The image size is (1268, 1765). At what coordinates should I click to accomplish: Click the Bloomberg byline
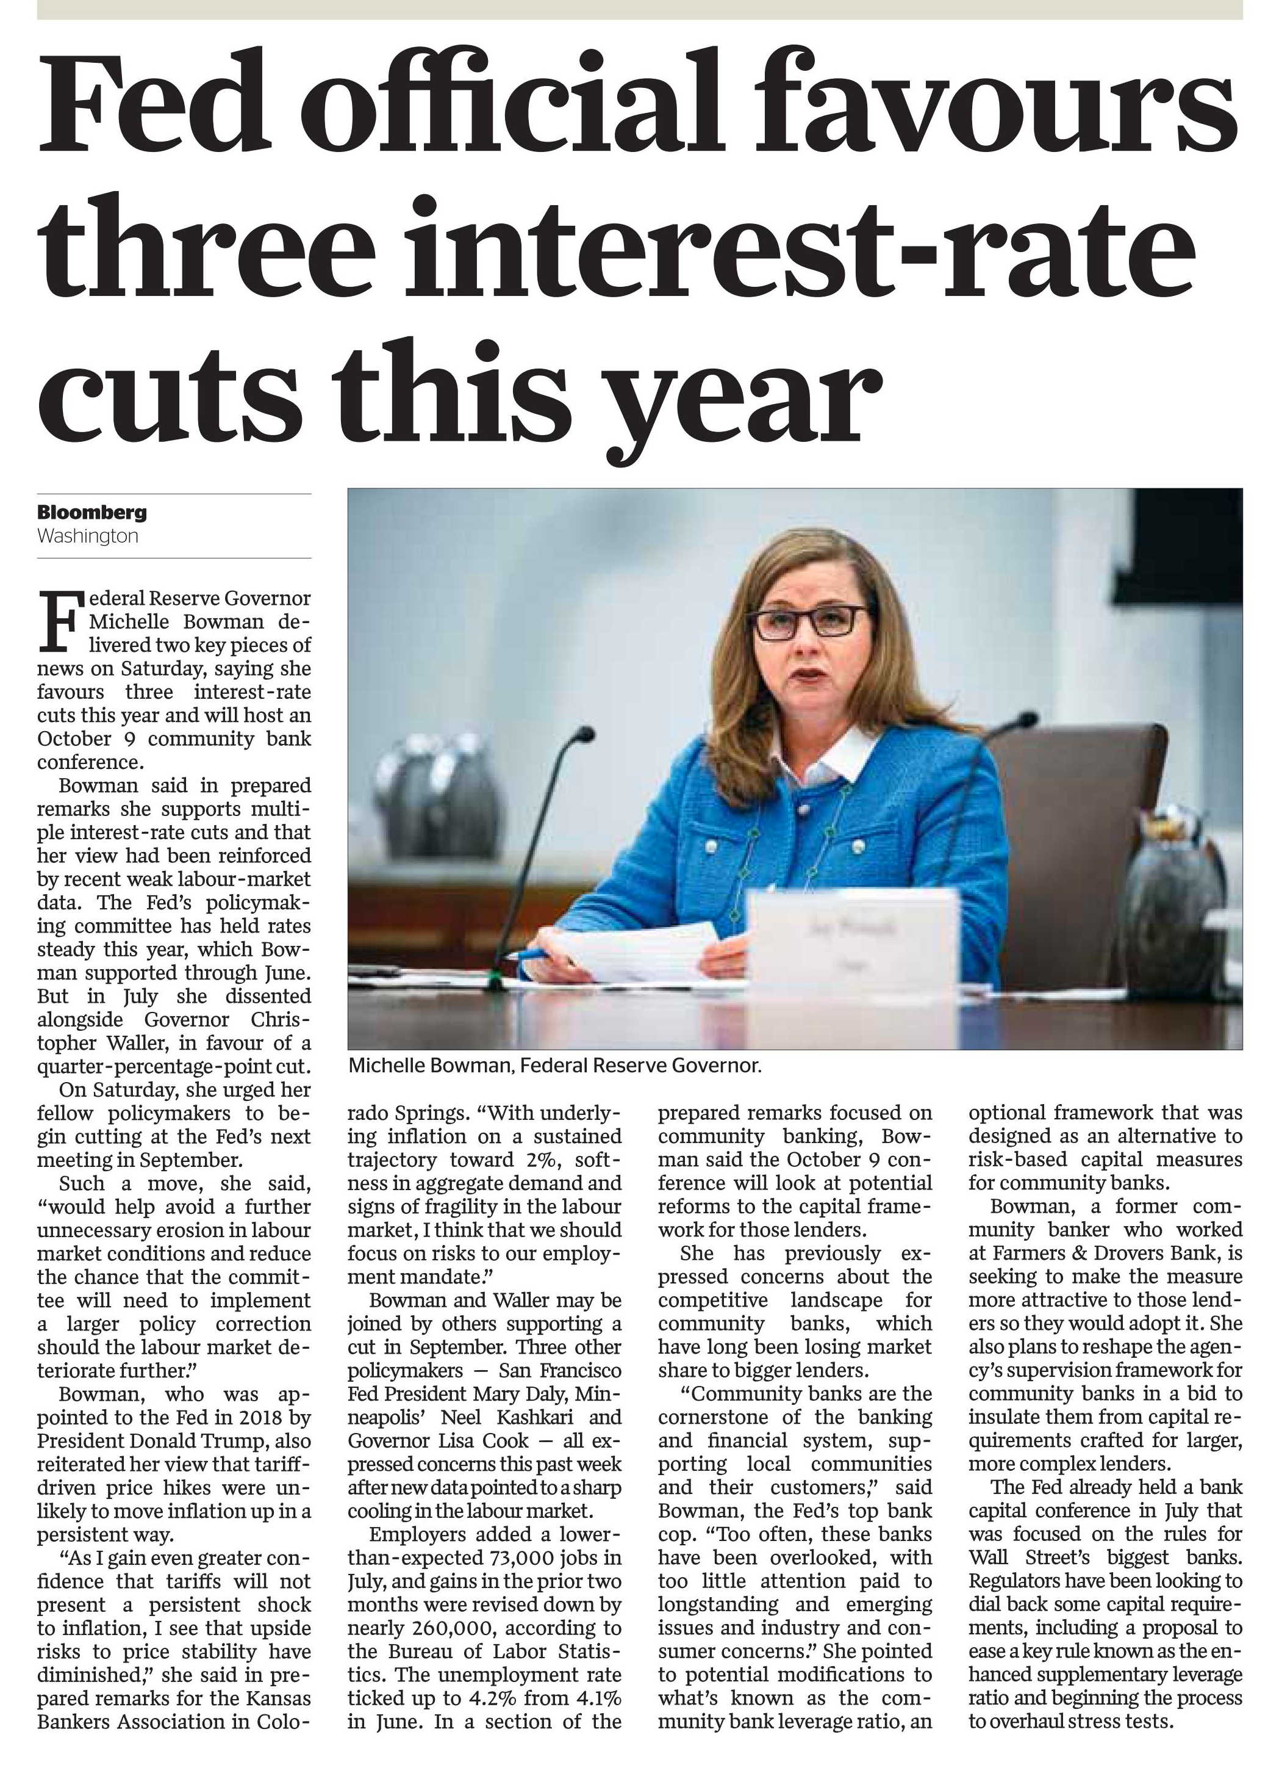[x=92, y=512]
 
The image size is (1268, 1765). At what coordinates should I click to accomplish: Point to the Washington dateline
[x=88, y=536]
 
